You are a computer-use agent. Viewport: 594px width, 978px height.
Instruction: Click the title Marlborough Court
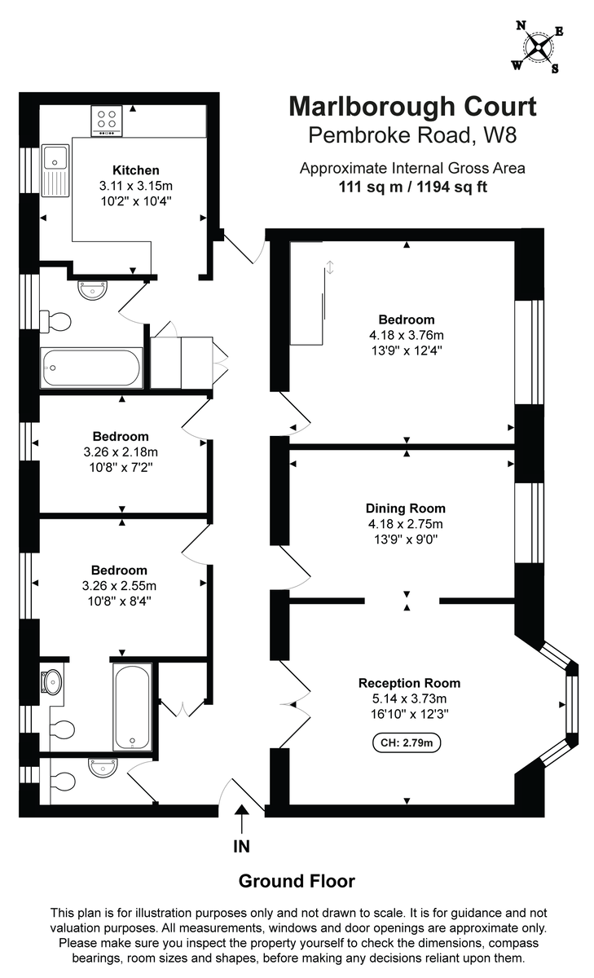pyautogui.click(x=412, y=107)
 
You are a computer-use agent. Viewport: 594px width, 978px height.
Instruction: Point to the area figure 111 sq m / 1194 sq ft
pyautogui.click(x=412, y=186)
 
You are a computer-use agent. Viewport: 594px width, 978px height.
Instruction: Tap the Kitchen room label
pyautogui.click(x=135, y=170)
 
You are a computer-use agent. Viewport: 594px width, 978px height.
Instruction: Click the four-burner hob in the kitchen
pyautogui.click(x=107, y=121)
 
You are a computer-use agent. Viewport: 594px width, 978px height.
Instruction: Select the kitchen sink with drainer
pyautogui.click(x=56, y=166)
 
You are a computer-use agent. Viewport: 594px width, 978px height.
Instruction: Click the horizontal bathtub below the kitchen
pyautogui.click(x=90, y=368)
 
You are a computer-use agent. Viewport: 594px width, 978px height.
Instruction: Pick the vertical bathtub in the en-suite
pyautogui.click(x=132, y=705)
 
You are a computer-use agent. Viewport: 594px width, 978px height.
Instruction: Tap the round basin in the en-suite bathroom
pyautogui.click(x=53, y=681)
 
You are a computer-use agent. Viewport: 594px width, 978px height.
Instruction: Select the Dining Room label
pyautogui.click(x=406, y=508)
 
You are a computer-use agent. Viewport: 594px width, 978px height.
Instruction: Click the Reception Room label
pyautogui.click(x=409, y=683)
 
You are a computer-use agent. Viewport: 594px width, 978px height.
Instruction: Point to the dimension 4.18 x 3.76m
pyautogui.click(x=406, y=335)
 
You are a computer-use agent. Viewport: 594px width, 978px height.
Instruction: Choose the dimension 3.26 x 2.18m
pyautogui.click(x=121, y=452)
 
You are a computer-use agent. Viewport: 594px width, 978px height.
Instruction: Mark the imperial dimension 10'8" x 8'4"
pyautogui.click(x=121, y=601)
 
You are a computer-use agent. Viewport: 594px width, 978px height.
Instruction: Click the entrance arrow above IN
pyautogui.click(x=242, y=818)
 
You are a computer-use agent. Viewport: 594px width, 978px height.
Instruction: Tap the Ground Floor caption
pyautogui.click(x=297, y=881)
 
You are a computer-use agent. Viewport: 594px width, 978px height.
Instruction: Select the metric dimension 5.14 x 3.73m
pyautogui.click(x=409, y=698)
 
